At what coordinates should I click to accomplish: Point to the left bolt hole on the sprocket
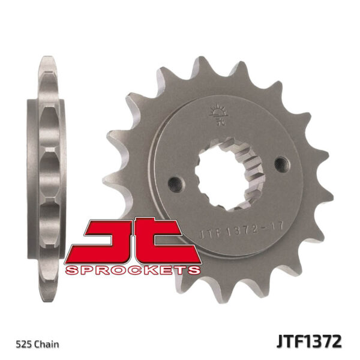pyautogui.click(x=175, y=180)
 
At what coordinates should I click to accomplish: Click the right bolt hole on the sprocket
pyautogui.click(x=278, y=161)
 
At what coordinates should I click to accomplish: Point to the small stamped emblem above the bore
pyautogui.click(x=216, y=114)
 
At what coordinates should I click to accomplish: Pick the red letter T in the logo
pyautogui.click(x=162, y=240)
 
